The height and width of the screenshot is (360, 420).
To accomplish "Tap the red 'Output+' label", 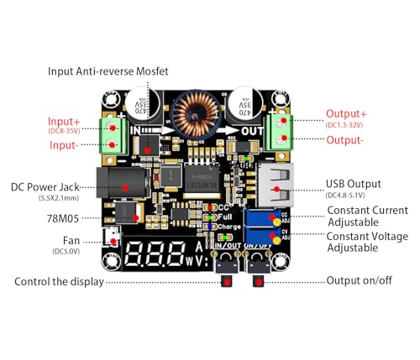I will (x=346, y=114).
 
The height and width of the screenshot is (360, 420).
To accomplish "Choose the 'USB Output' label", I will (x=353, y=184).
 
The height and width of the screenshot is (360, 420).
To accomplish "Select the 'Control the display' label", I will (x=59, y=281).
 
